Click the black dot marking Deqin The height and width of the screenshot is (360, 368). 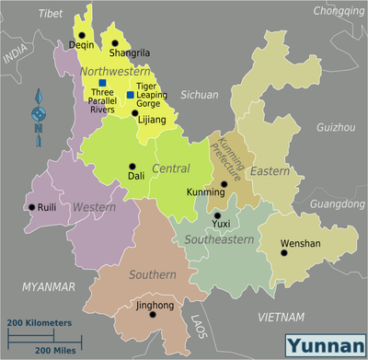tap(81, 35)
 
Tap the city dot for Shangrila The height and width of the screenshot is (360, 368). tap(114, 42)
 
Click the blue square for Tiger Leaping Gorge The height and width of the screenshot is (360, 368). tap(130, 95)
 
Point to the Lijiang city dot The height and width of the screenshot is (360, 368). tap(134, 112)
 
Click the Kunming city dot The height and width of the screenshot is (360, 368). tap(224, 184)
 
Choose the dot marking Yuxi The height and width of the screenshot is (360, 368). tap(217, 215)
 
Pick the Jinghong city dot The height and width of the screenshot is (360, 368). tap(153, 314)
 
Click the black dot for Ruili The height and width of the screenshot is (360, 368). tap(31, 206)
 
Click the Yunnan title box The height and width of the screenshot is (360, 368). tap(323, 346)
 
